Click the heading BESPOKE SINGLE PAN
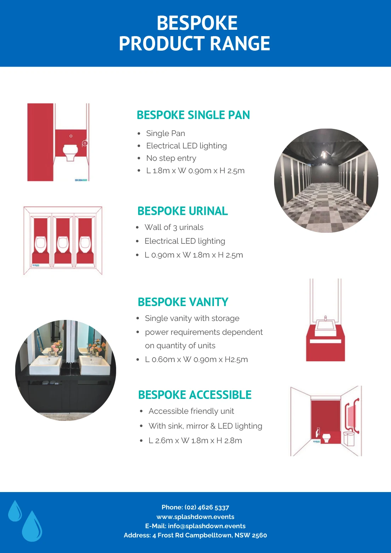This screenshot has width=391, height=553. click(193, 115)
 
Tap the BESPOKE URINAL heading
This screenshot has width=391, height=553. click(183, 211)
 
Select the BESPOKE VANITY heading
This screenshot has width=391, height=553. click(183, 302)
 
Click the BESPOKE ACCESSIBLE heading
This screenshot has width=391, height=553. click(195, 395)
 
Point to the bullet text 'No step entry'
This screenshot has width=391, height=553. click(171, 158)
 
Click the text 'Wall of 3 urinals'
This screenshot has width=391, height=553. click(174, 227)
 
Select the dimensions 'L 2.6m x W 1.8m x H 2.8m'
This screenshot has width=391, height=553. click(195, 441)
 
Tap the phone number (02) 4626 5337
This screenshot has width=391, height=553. click(206, 507)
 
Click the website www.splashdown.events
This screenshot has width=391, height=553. click(195, 517)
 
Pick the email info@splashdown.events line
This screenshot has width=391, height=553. click(195, 526)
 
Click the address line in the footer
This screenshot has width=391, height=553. click(195, 535)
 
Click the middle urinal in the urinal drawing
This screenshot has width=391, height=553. click(63, 244)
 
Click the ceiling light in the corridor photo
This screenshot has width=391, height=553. click(324, 155)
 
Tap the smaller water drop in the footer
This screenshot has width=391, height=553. click(15, 511)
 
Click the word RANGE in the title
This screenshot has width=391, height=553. click(240, 44)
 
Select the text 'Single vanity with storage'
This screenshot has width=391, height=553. click(192, 318)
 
